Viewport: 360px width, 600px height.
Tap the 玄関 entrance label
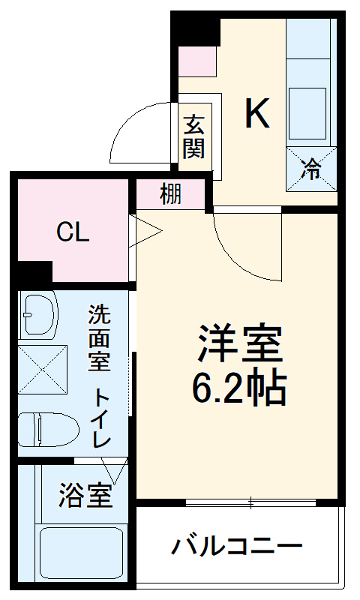pos(193,135)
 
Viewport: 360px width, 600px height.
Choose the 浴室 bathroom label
pos(85,496)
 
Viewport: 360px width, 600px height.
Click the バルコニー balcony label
pos(237,545)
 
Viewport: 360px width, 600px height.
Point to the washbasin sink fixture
pos(39,313)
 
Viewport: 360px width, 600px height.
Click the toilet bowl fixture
pos(49,430)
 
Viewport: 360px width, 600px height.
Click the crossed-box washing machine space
pos(43,372)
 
